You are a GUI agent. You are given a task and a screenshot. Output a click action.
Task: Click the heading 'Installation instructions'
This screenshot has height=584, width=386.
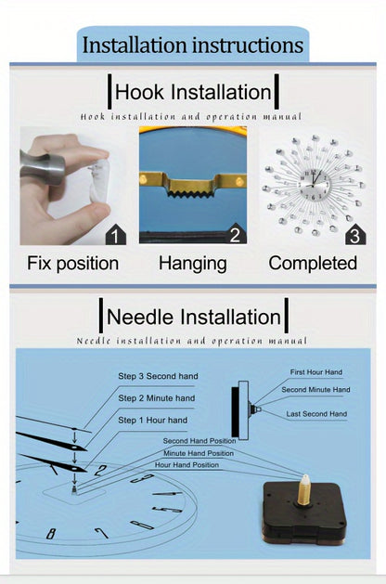193,45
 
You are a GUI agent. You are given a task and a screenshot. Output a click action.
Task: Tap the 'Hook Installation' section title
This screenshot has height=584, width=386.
193,92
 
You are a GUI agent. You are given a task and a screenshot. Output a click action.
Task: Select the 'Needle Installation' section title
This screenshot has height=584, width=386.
194,317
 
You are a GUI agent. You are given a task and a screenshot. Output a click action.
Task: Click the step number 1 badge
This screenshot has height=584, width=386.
116,236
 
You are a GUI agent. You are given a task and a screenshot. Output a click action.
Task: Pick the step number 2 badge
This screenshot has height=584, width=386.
236,234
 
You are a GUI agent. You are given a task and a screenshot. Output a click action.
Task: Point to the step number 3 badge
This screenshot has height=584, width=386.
355,235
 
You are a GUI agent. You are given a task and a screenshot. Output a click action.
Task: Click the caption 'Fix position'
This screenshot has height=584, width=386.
73,264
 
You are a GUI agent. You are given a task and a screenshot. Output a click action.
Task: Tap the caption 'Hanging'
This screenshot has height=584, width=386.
193,264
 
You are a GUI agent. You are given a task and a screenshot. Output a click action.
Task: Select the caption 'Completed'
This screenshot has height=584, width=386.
313,263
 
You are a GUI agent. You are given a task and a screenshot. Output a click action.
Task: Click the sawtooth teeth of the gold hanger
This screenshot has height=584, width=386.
192,192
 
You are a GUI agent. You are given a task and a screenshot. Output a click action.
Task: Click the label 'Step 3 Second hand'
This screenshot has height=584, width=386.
158,376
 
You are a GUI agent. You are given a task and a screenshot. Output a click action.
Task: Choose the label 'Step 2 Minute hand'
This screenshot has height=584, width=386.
157,398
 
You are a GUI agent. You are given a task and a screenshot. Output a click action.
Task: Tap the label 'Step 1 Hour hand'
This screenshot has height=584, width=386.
152,420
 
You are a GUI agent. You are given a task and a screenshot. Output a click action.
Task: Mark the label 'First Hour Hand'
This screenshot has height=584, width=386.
316,372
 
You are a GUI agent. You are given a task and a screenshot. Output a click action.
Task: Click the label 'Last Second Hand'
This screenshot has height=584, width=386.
316,414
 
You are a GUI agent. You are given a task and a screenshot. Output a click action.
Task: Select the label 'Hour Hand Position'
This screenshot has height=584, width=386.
187,465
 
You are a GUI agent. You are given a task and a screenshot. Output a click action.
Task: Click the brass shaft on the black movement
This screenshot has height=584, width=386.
304,490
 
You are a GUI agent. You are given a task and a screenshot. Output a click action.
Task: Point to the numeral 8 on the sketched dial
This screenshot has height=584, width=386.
51,534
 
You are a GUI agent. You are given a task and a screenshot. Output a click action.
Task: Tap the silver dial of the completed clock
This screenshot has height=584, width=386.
315,185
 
